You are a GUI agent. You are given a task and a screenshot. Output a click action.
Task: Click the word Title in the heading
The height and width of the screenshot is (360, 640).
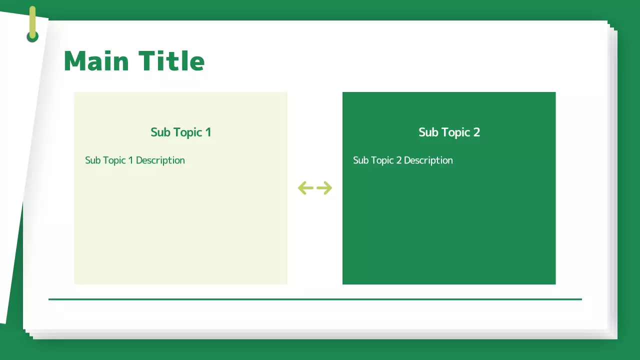point(171,61)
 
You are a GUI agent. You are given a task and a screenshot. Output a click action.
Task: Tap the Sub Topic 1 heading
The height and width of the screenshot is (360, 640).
point(180,132)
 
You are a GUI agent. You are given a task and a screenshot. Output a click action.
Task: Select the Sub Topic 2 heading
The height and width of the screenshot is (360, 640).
point(449,132)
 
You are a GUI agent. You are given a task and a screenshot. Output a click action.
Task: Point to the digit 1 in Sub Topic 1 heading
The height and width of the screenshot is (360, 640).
point(208,132)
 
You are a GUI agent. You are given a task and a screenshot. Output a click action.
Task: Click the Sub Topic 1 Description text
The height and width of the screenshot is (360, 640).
point(135,160)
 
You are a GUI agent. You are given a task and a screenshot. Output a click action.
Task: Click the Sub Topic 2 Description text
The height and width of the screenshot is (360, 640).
point(403,160)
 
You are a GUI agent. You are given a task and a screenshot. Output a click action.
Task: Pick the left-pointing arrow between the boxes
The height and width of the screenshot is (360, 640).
point(305,188)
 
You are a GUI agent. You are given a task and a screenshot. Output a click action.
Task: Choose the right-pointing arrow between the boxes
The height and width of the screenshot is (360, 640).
point(324,188)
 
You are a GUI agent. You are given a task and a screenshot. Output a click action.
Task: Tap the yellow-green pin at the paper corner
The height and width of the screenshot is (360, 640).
point(32,20)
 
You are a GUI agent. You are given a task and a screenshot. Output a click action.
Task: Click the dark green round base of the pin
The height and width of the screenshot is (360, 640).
point(32,37)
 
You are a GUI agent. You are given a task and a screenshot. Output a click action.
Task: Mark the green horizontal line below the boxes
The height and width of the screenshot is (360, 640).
point(315,299)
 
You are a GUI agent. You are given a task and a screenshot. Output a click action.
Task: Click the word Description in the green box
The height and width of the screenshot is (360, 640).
point(428,160)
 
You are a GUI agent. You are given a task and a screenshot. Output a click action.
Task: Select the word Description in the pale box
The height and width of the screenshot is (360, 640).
point(160,160)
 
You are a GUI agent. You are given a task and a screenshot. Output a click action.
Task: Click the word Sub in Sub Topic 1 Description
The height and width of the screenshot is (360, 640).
point(92,160)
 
